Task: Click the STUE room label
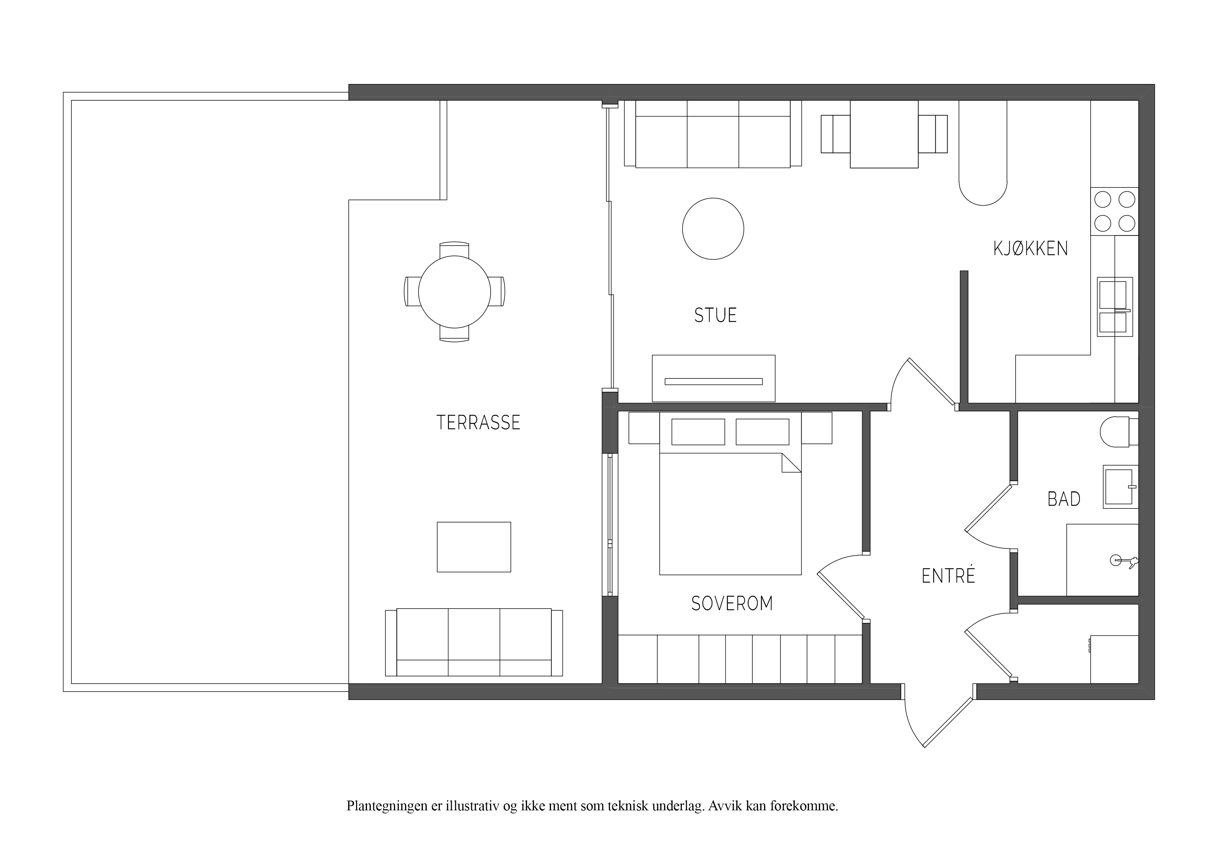(x=715, y=315)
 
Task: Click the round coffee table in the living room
(x=713, y=229)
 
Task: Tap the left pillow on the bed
(x=698, y=432)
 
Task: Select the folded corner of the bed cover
(x=792, y=462)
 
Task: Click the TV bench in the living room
(x=714, y=378)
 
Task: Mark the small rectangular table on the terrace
(x=474, y=547)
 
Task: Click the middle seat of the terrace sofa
(x=474, y=642)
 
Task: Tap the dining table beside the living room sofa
(x=884, y=134)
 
